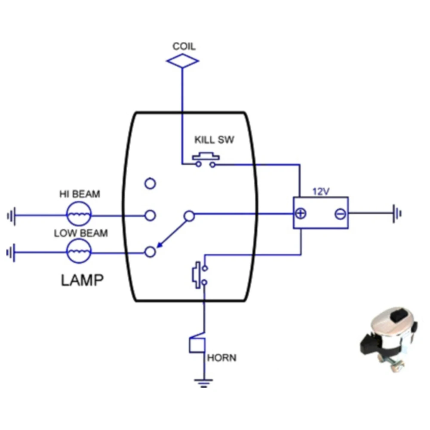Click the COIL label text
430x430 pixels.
(184, 46)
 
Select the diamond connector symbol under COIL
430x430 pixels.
(183, 61)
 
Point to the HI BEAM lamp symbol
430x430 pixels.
(79, 214)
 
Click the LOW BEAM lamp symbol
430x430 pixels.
(79, 252)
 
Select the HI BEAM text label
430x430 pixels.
(79, 194)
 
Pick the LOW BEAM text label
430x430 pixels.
(81, 233)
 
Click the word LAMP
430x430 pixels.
(82, 280)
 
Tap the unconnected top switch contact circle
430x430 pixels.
(150, 184)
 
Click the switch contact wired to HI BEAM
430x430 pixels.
(150, 215)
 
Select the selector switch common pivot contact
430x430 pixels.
(189, 215)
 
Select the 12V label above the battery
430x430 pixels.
(320, 192)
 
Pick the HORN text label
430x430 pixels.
(221, 358)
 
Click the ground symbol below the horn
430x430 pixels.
(203, 382)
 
